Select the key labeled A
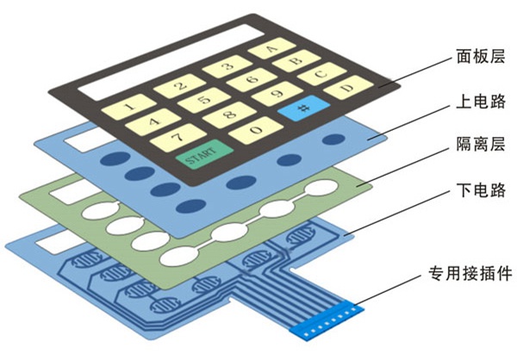(271, 49)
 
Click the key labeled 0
(257, 130)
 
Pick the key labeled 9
(276, 94)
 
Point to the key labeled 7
(172, 136)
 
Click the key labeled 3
(227, 66)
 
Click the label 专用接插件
(470, 275)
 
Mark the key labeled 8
(229, 115)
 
